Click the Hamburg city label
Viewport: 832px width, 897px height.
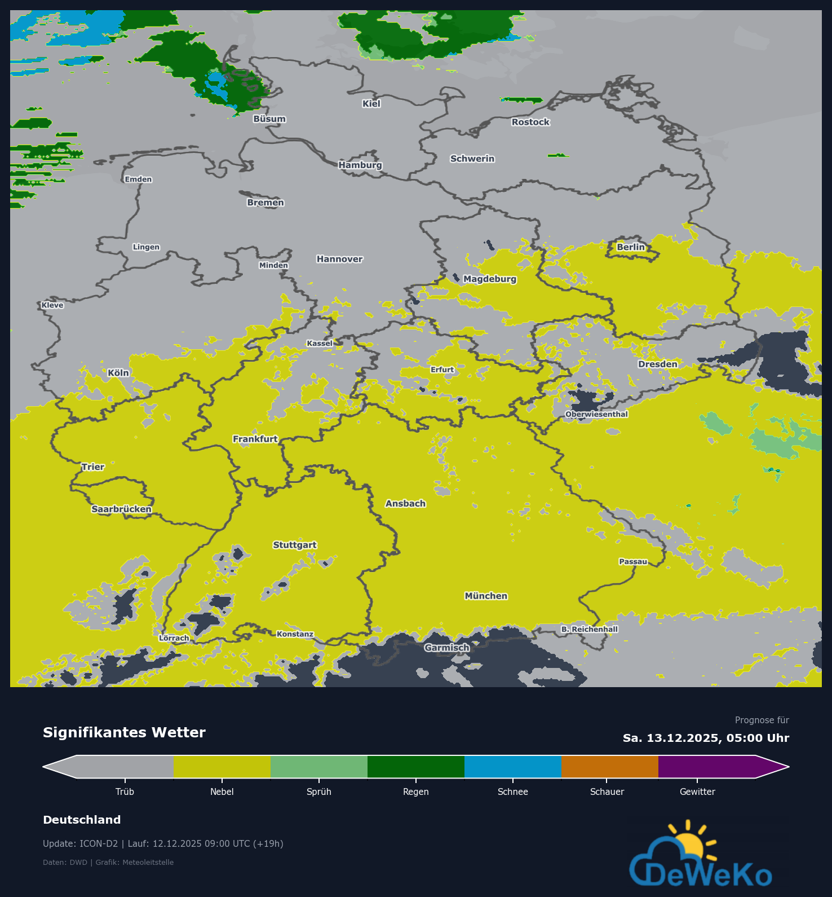(x=360, y=165)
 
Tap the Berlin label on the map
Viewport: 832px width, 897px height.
(x=630, y=247)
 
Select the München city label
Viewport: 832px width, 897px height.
(x=486, y=596)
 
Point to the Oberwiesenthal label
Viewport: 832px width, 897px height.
(x=596, y=414)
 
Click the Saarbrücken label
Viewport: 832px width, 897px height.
(x=121, y=509)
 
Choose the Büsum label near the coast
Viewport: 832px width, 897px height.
(x=269, y=119)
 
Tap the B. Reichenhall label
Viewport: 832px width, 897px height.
(x=590, y=629)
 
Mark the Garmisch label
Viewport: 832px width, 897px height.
(x=447, y=648)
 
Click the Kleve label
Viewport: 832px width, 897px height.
(x=52, y=305)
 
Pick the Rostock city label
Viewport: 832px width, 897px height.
(x=530, y=122)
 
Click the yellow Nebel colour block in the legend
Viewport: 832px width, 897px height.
(x=222, y=767)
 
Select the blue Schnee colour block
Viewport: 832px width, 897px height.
(x=513, y=767)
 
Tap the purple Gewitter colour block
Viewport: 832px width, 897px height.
(x=707, y=767)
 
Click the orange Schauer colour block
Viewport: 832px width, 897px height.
(x=610, y=767)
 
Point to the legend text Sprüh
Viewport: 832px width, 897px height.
(x=319, y=792)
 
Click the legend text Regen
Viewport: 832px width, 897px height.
(x=416, y=792)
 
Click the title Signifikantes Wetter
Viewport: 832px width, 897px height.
(x=124, y=732)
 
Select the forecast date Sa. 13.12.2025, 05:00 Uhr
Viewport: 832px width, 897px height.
(x=706, y=738)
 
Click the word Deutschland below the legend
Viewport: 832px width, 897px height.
(x=82, y=820)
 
